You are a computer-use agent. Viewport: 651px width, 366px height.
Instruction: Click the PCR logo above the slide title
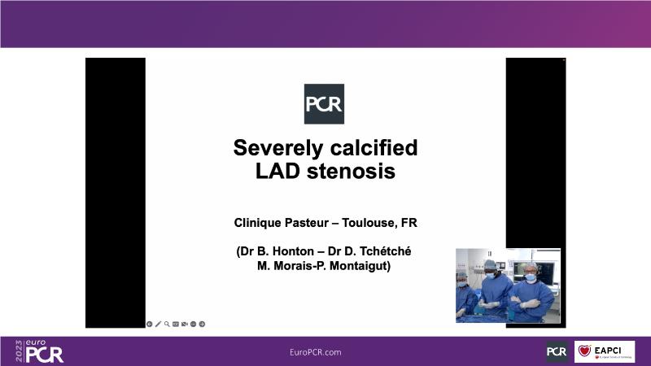click(324, 104)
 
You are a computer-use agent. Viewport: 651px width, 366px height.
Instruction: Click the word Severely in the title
click(277, 148)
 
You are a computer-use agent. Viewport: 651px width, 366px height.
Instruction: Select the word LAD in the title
click(277, 171)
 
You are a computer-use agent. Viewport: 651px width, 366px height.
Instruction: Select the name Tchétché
click(385, 251)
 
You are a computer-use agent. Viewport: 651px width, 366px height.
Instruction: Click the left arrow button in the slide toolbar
click(150, 324)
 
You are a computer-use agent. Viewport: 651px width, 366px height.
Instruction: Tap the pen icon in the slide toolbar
click(158, 324)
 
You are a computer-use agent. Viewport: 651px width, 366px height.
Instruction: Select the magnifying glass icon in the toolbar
click(167, 324)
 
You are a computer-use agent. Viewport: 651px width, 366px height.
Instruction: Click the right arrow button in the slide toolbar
click(202, 324)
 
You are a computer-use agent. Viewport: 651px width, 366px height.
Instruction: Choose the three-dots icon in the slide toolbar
click(193, 324)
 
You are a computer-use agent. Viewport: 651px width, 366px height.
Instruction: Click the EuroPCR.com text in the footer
click(316, 352)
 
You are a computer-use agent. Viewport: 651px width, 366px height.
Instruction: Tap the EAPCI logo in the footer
click(605, 352)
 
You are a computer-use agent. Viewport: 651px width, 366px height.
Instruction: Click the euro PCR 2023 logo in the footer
click(39, 351)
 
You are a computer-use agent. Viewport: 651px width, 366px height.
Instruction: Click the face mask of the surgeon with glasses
click(531, 277)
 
